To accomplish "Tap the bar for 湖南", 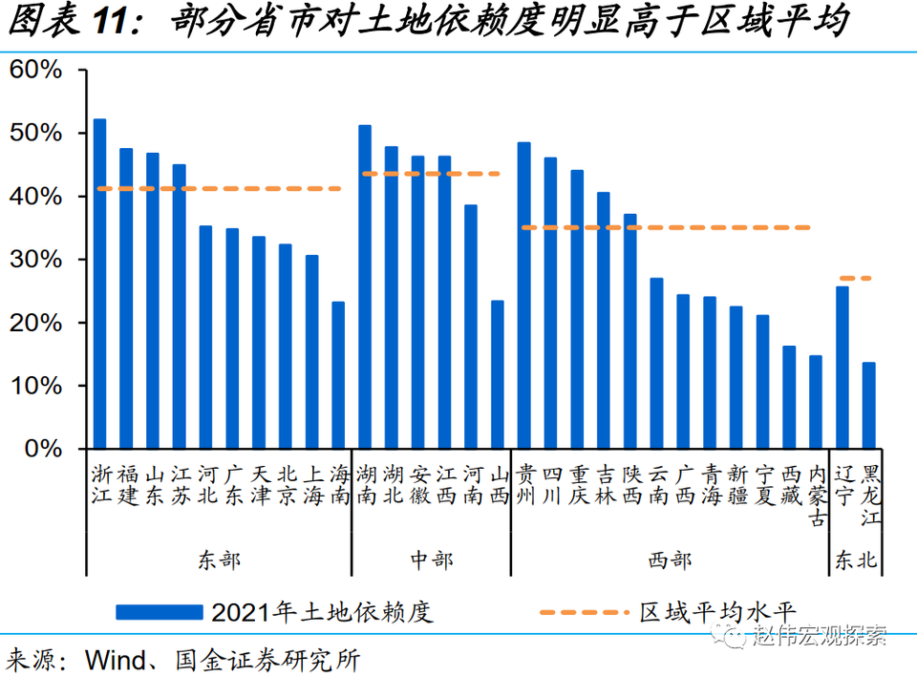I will tap(365, 286).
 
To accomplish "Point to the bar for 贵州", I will tap(523, 295).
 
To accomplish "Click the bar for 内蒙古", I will tap(815, 402).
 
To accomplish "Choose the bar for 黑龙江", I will tap(868, 405).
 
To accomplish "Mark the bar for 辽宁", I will tap(842, 368).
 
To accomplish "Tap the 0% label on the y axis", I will tap(42, 448).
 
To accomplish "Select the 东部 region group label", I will tap(220, 560).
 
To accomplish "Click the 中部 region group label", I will tap(431, 560).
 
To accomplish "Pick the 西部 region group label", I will tap(669, 560).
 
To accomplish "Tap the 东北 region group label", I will tap(855, 560).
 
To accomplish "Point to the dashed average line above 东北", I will tap(855, 278).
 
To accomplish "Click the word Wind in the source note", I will tap(112, 659).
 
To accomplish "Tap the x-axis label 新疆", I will tap(736, 484).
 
